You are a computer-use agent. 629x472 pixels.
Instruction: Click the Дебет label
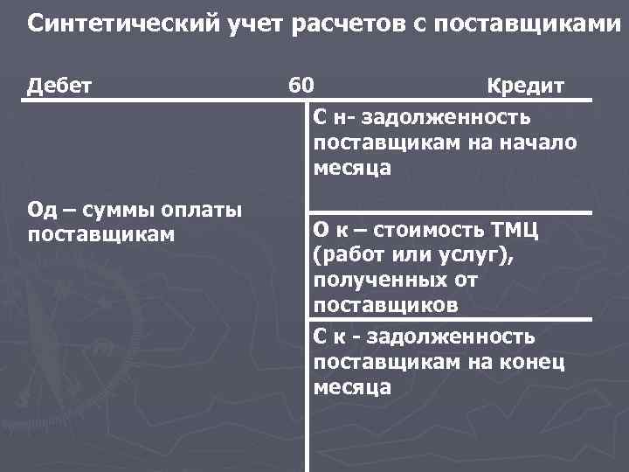[x=61, y=86]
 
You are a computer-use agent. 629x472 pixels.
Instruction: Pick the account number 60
[x=301, y=86]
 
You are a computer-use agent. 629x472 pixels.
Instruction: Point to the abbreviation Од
[x=43, y=210]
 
